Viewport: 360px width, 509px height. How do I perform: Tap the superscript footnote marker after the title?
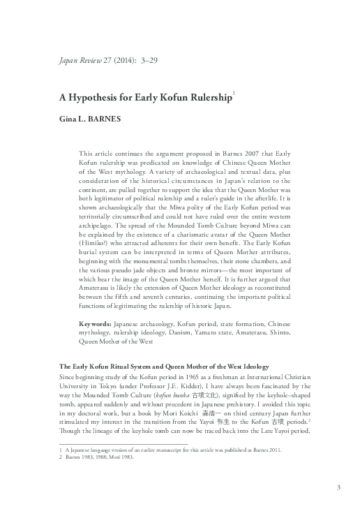[233, 94]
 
